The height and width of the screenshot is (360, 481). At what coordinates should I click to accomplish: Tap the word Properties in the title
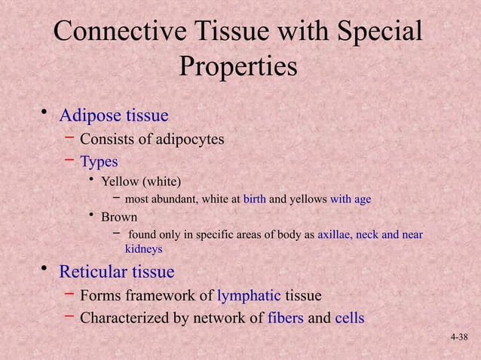[x=237, y=66]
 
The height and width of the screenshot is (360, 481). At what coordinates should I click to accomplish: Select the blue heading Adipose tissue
[x=113, y=116]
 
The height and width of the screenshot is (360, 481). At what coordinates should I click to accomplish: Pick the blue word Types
[x=99, y=161]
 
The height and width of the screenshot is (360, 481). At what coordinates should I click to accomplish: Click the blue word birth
[x=255, y=200]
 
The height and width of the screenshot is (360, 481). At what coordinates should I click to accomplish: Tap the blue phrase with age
[x=351, y=200]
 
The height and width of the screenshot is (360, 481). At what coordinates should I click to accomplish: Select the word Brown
[x=119, y=218]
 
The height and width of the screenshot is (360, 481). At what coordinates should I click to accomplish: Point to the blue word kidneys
[x=143, y=249]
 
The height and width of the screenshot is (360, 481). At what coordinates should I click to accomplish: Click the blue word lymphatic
[x=249, y=295]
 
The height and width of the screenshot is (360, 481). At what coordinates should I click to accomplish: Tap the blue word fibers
[x=286, y=318]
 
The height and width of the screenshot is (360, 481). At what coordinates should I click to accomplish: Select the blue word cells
[x=349, y=318]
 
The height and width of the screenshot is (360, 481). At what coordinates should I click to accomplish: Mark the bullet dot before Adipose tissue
[x=44, y=114]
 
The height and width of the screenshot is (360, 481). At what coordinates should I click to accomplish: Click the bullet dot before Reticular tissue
[x=44, y=270]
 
